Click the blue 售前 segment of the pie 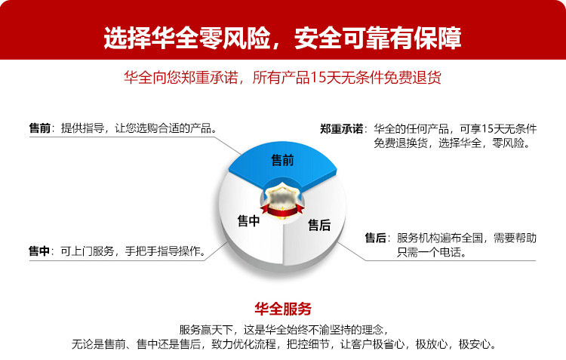[282, 162]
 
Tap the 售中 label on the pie [249, 220]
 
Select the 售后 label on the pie [319, 225]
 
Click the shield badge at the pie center [282, 198]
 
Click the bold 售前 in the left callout [40, 128]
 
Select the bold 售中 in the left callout [39, 251]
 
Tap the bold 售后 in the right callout [375, 238]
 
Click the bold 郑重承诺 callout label [341, 129]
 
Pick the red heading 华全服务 [283, 309]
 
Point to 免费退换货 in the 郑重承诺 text [401, 143]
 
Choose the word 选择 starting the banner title [127, 38]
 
